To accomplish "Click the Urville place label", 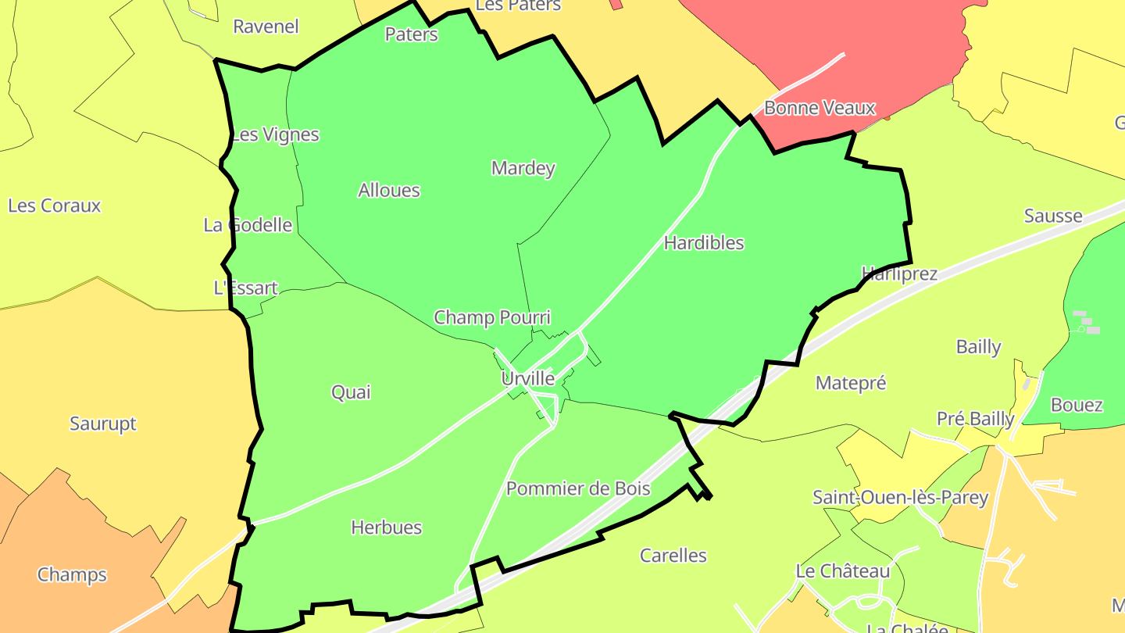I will (x=528, y=379).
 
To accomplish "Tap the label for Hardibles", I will (x=704, y=243).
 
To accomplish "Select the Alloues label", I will (x=389, y=190).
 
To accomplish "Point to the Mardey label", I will (x=523, y=168).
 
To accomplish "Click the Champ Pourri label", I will (x=492, y=317).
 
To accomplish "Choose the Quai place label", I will (x=352, y=392).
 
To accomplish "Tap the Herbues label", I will (x=387, y=527).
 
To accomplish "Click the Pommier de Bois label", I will (x=578, y=489).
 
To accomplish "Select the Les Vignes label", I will (x=276, y=134).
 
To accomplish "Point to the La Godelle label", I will (x=248, y=225).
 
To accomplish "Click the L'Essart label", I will (x=245, y=288).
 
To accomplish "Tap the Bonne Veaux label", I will (x=820, y=108).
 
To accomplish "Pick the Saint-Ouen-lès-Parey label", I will (x=901, y=497).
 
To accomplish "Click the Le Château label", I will (x=843, y=571).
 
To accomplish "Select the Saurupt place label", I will (x=103, y=424).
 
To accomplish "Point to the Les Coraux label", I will (x=55, y=206).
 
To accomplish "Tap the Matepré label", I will (x=851, y=383).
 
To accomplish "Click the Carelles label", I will (x=673, y=556).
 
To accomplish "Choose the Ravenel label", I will (x=266, y=27).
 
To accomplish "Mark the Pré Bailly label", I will (x=976, y=419).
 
